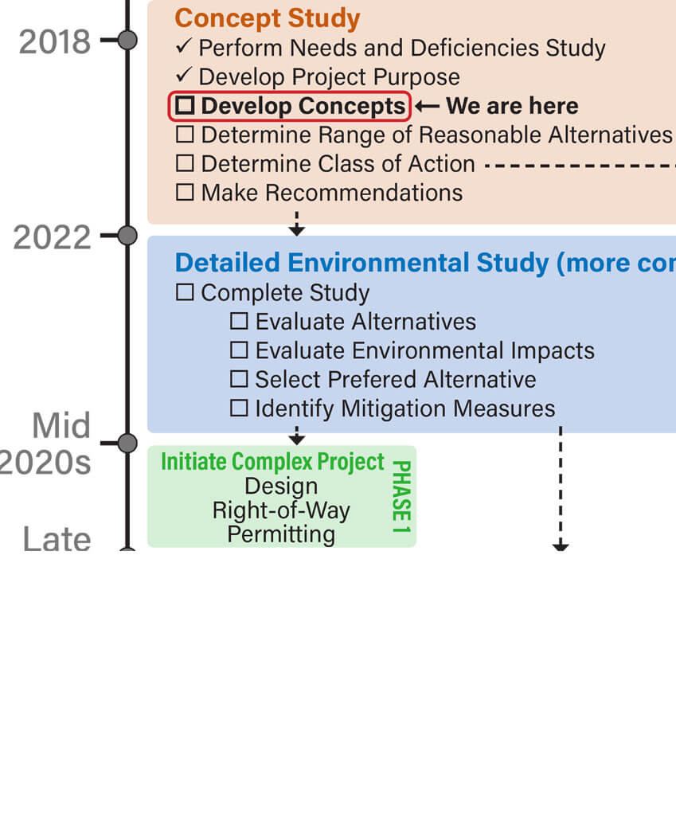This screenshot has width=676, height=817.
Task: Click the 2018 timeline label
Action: click(x=55, y=41)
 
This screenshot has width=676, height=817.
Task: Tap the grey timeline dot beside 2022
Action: click(x=127, y=236)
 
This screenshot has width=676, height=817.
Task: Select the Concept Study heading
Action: click(x=268, y=18)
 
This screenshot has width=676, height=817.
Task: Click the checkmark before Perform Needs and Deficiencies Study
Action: click(x=184, y=46)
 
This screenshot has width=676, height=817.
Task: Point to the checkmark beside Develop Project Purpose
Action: click(x=184, y=75)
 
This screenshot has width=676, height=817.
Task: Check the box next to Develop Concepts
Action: click(x=185, y=105)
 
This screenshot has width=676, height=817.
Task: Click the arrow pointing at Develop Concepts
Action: click(x=428, y=106)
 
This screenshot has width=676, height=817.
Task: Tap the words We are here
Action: click(x=512, y=106)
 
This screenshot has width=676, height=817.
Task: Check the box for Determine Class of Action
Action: click(x=185, y=163)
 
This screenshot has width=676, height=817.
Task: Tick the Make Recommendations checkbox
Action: click(x=185, y=192)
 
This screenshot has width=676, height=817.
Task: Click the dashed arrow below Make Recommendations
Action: click(x=296, y=224)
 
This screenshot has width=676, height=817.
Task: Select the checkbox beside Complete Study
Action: click(x=185, y=291)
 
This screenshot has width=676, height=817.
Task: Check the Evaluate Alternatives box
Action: click(x=239, y=321)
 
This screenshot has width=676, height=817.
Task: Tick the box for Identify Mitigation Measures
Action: click(x=239, y=408)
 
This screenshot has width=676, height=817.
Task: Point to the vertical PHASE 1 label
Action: click(x=401, y=497)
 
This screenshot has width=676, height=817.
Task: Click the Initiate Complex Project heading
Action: click(x=272, y=462)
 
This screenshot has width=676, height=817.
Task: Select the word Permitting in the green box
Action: click(x=281, y=534)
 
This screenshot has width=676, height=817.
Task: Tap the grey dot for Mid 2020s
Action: click(x=127, y=444)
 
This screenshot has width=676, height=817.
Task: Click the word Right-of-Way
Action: click(x=281, y=510)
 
